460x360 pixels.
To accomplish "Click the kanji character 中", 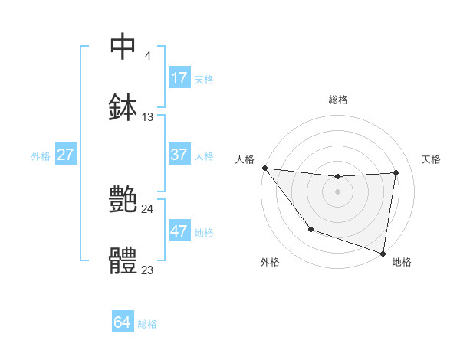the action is pos(123,47).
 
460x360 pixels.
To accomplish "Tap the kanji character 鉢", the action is pos(123,106).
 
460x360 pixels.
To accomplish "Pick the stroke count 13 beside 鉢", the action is pos(148,117).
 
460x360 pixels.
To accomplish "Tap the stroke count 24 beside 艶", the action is pos(148,208).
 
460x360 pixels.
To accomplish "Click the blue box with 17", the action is pos(179,78).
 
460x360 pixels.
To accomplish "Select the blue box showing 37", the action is pos(179,155).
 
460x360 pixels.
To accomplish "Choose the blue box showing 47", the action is pos(179,231).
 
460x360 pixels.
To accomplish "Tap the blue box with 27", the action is pos(66,155).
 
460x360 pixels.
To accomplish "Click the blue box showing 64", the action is pos(123,322).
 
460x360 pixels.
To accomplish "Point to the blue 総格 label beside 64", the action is pos(147,324).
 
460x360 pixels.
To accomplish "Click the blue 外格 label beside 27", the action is pos(41,155).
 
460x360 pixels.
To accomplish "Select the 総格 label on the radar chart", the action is pos(338,100).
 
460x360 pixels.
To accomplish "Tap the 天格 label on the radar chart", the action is pos(431,159).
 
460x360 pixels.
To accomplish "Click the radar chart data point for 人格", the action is pos(264,168).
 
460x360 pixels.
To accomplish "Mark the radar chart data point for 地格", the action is pos(383,253).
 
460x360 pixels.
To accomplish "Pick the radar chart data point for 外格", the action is pos(310,229).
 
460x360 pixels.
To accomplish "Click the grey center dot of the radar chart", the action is pos(337,191).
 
